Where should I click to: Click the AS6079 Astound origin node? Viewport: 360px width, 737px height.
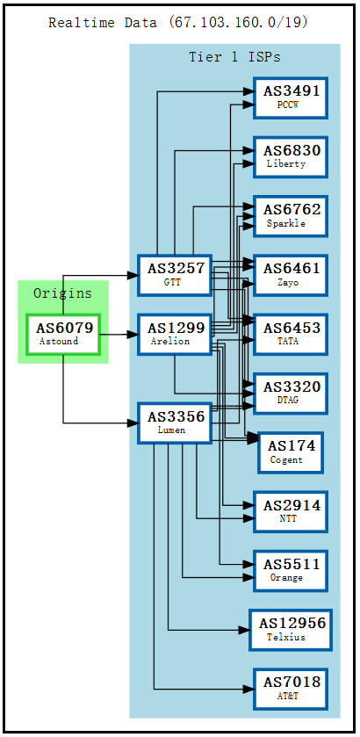tap(62, 334)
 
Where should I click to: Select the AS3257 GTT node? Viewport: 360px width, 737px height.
tap(175, 275)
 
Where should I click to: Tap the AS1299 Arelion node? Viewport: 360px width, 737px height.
tap(175, 334)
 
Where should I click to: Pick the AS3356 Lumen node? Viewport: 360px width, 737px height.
tap(175, 423)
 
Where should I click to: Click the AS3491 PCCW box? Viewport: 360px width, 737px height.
tap(291, 98)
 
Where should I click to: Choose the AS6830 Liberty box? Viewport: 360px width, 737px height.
tap(291, 156)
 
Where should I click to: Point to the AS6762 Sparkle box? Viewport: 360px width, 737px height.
tap(291, 216)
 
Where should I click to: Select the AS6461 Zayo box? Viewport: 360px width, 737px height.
tap(291, 275)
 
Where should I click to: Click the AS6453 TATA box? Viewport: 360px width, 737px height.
tap(291, 334)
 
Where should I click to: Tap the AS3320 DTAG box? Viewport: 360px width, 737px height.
tap(291, 394)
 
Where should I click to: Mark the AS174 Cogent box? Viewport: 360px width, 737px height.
tap(291, 452)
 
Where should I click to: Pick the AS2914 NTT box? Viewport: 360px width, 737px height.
tap(291, 511)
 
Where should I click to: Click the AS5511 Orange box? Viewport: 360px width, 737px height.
tap(291, 570)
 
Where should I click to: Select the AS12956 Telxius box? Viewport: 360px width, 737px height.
tap(291, 630)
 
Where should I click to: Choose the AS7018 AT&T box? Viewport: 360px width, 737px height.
tap(291, 689)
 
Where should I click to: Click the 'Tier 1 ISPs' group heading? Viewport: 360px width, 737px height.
tap(234, 57)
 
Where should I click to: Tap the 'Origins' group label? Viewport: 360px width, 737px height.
tap(62, 293)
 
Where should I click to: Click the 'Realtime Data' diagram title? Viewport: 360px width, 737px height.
tap(178, 22)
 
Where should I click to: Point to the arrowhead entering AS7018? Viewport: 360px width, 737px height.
tap(248, 689)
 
